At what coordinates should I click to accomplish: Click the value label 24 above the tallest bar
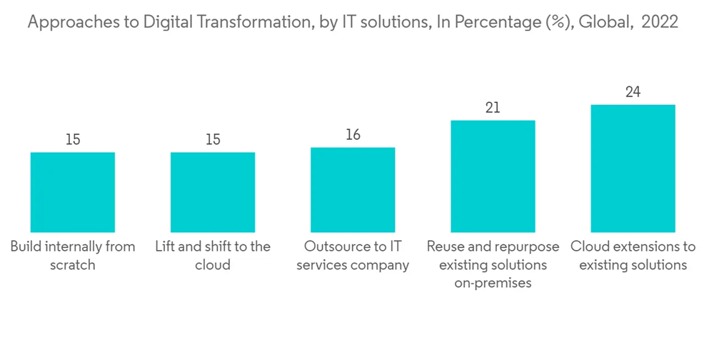pyautogui.click(x=633, y=92)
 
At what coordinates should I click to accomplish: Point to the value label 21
pyautogui.click(x=493, y=108)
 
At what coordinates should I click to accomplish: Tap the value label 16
pyautogui.click(x=353, y=135)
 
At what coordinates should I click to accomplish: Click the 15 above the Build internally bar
pyautogui.click(x=73, y=139)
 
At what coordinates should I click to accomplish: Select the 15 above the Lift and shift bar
pyautogui.click(x=213, y=139)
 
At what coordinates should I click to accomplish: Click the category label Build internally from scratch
pyautogui.click(x=73, y=256)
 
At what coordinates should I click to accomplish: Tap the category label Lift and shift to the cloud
pyautogui.click(x=213, y=256)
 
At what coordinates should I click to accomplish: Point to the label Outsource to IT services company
pyautogui.click(x=353, y=256)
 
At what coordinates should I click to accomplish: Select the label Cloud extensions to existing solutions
pyautogui.click(x=633, y=256)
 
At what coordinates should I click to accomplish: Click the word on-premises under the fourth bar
pyautogui.click(x=493, y=284)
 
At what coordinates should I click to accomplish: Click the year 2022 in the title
pyautogui.click(x=660, y=23)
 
